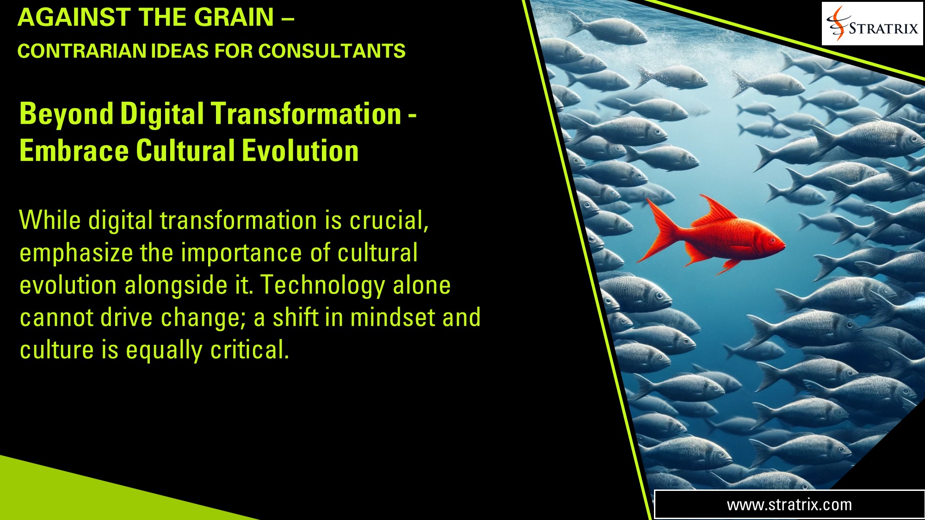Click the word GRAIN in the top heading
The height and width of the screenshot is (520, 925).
pos(234,18)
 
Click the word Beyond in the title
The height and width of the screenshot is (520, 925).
pos(66,114)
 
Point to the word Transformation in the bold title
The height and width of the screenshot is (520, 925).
pos(306,114)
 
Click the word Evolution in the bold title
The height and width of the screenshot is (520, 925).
pos(300,151)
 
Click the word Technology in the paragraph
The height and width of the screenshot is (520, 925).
pos(323,285)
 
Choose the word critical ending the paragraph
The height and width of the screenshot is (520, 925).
pos(249,350)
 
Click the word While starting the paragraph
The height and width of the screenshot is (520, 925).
pos(50,220)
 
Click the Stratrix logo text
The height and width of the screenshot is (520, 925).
pos(883,29)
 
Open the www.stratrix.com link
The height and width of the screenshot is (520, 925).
pos(789,505)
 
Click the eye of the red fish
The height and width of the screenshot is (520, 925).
pos(772,240)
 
